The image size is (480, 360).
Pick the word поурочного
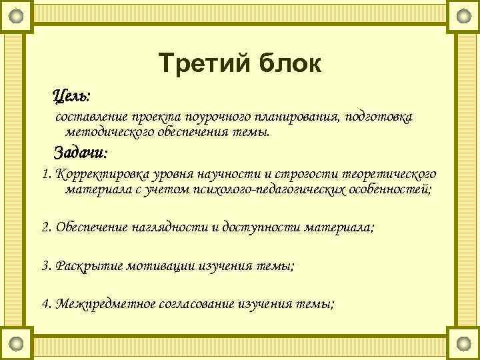pos(213,117)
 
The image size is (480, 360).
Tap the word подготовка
pos(379,117)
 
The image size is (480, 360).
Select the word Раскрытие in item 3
pos(85,265)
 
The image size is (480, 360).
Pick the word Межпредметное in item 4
pos(105,304)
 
